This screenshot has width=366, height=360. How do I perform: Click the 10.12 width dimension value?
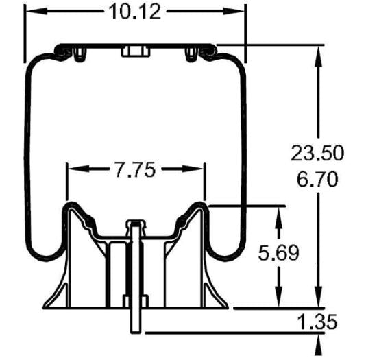(135, 12)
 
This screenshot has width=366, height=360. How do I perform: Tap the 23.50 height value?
(316, 152)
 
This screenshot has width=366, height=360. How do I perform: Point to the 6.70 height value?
(316, 180)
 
